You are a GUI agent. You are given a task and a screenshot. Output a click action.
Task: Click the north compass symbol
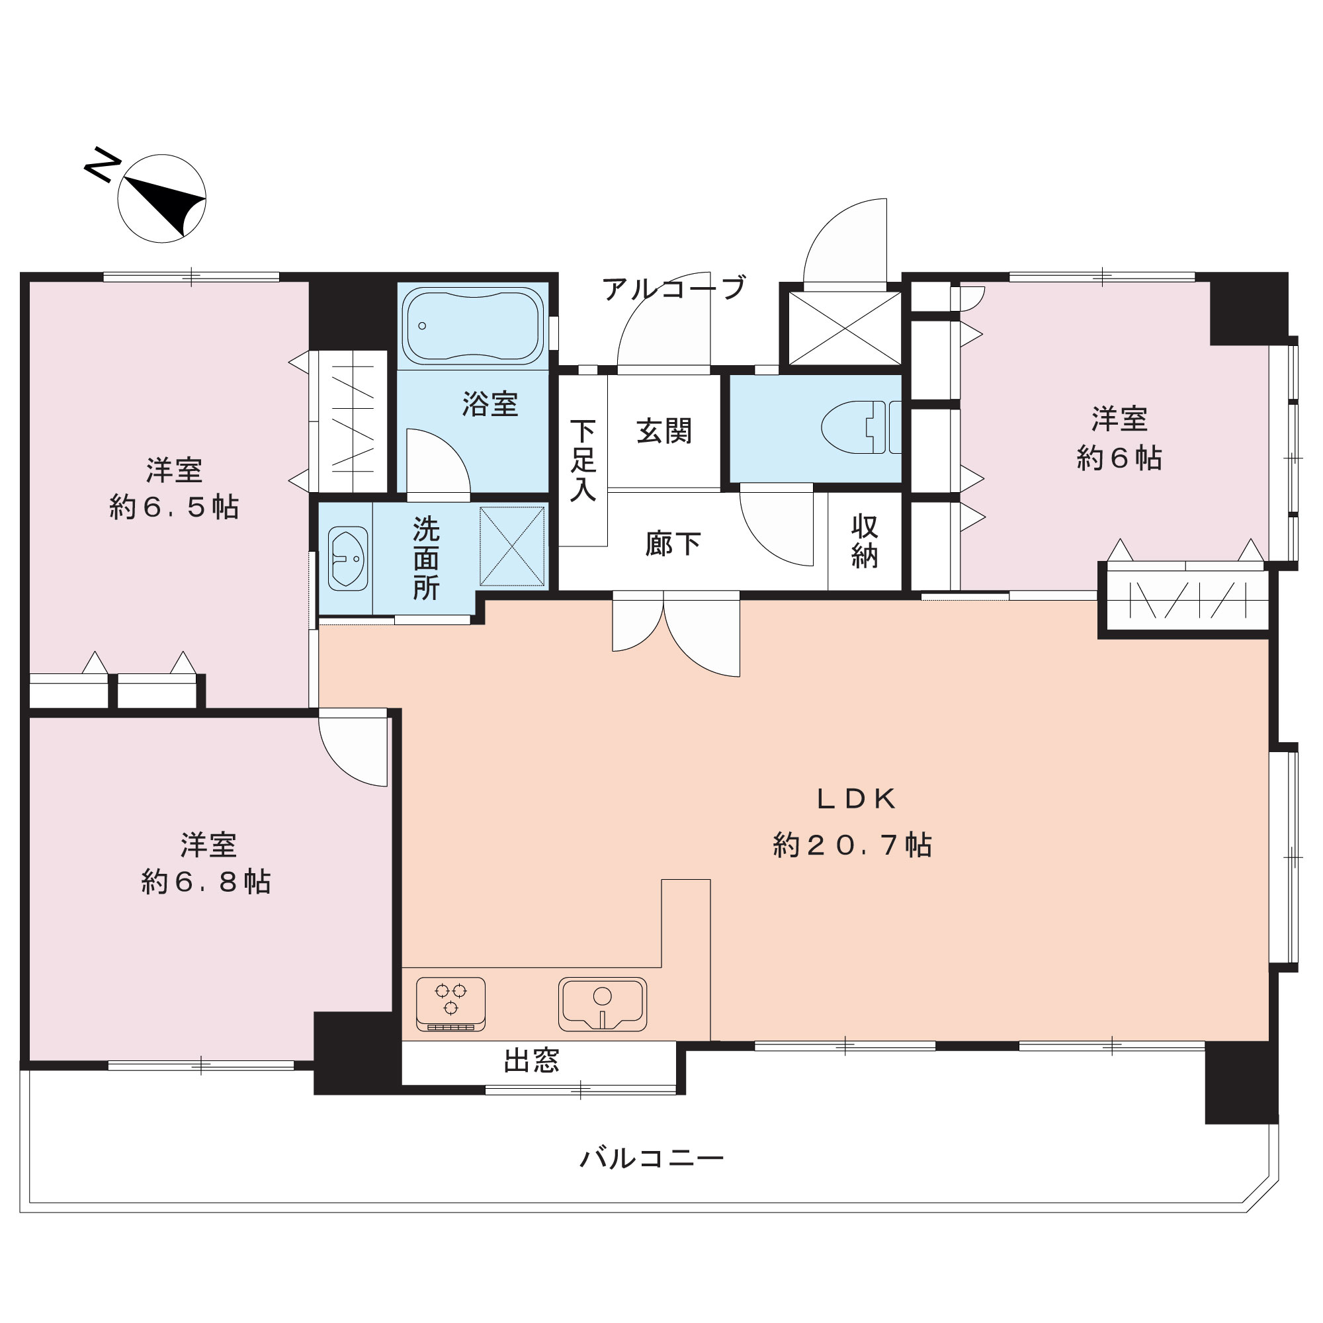(161, 198)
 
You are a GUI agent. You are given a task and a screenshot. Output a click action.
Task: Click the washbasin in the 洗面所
(348, 558)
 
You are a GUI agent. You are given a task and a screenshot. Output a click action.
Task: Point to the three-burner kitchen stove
(450, 1004)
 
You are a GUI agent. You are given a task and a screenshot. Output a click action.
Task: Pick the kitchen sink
(603, 1004)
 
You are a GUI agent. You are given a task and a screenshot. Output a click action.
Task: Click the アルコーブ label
(674, 288)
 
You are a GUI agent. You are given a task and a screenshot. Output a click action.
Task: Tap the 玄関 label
(664, 431)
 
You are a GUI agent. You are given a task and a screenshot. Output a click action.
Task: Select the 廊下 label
(673, 544)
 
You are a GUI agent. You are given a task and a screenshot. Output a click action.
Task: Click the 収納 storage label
(865, 541)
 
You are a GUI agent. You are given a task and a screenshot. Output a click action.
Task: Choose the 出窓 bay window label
(532, 1061)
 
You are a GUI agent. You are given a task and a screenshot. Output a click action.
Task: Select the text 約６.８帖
(206, 882)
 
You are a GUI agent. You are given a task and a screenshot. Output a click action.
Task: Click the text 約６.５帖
(174, 507)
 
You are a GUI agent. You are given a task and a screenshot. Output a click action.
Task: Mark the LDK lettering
(857, 799)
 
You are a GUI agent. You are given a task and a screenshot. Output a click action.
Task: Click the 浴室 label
(490, 404)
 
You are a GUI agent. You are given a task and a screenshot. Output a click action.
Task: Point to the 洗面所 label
(426, 559)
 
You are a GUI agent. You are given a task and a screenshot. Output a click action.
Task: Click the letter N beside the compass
(103, 164)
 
